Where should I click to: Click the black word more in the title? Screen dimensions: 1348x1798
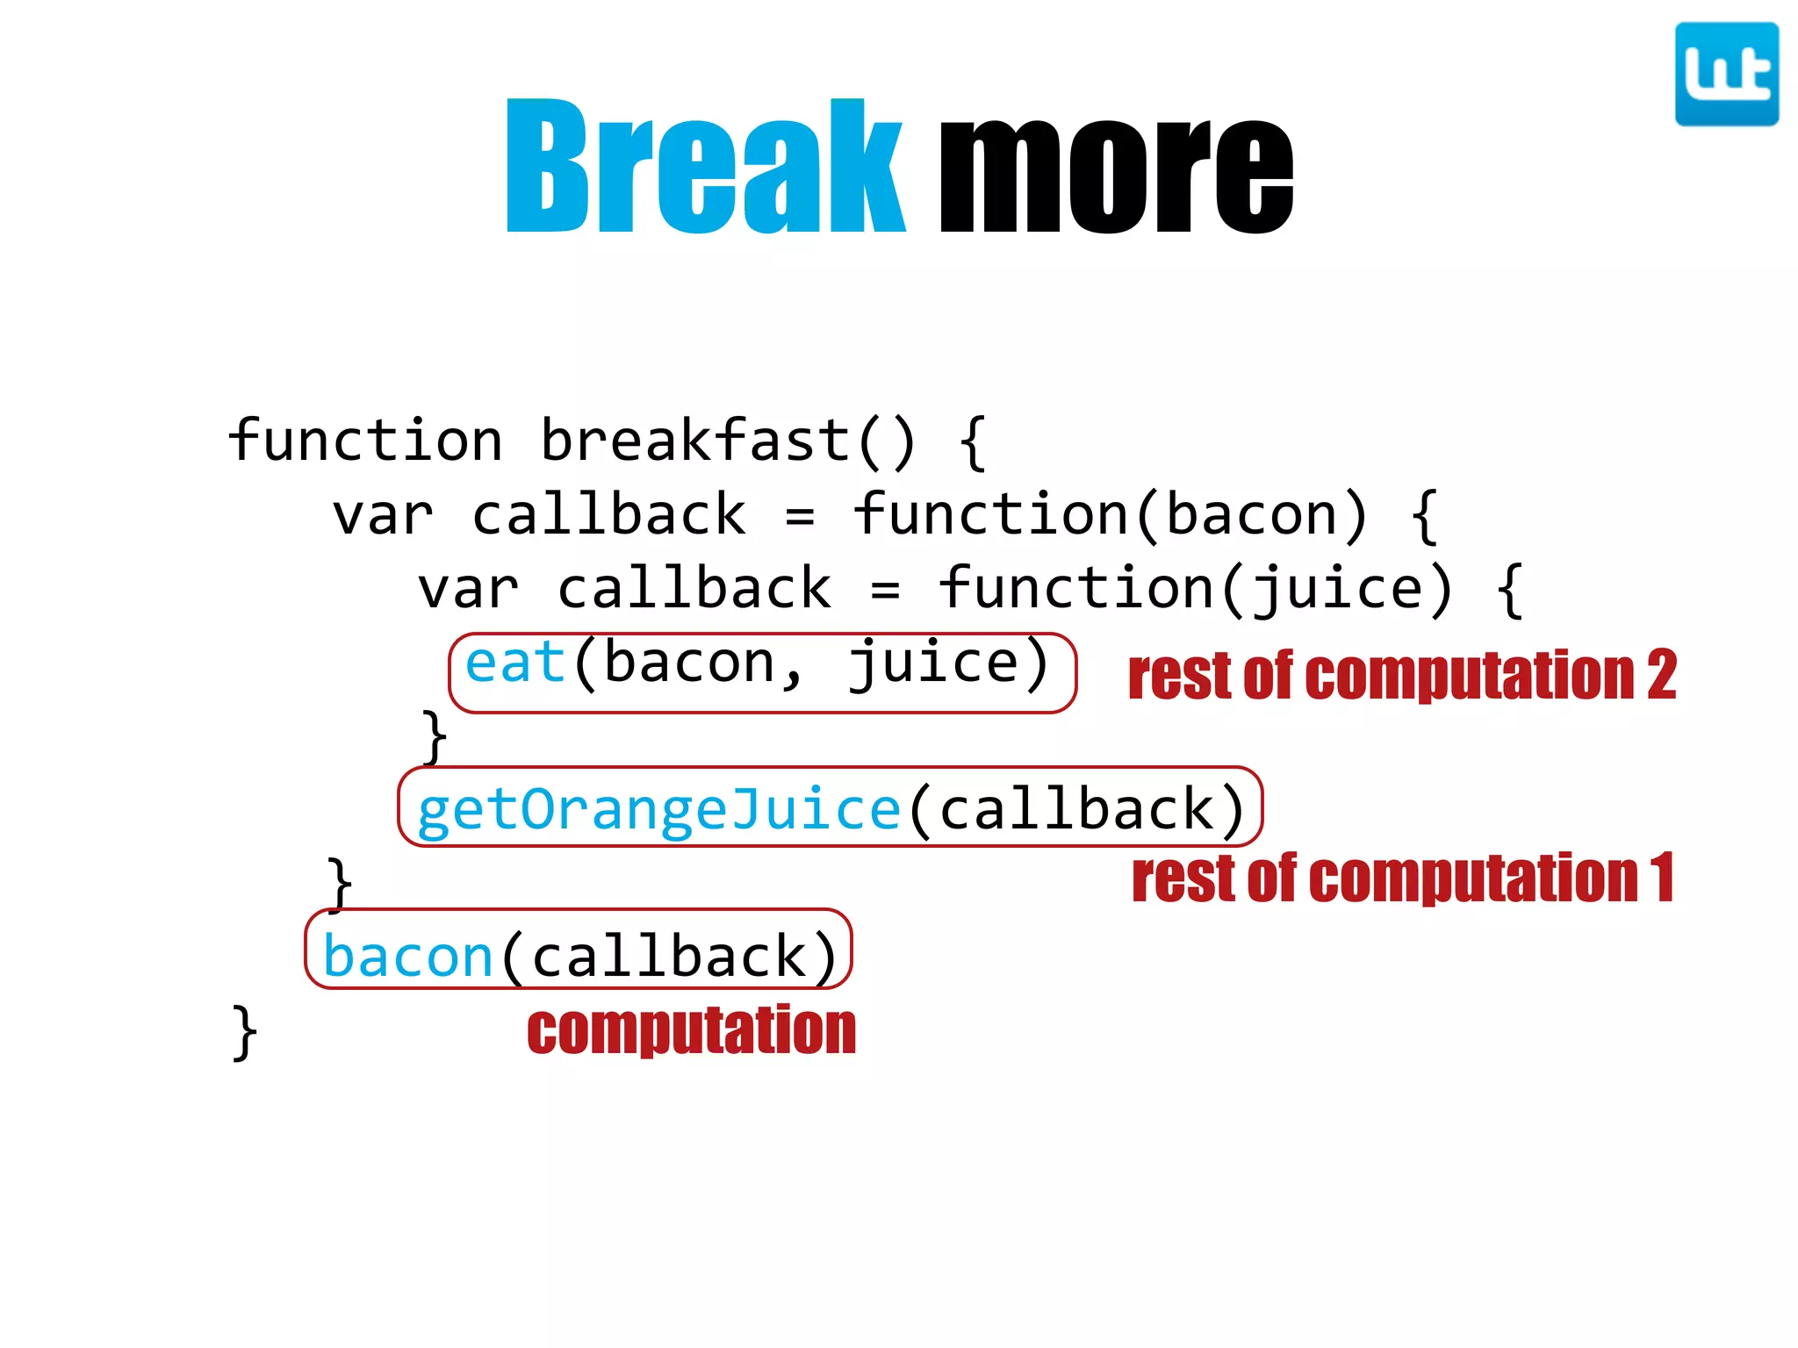(x=1115, y=176)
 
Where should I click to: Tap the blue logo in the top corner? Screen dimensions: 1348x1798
(x=1726, y=75)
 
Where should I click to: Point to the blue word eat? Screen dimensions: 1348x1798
(x=514, y=663)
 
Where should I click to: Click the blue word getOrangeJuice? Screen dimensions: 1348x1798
(x=658, y=810)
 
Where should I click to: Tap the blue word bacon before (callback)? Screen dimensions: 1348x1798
(x=408, y=957)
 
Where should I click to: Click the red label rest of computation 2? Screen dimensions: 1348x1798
(x=1401, y=676)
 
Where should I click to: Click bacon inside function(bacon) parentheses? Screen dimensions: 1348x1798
(x=1253, y=514)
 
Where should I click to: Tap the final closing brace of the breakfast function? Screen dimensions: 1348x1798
(x=245, y=1033)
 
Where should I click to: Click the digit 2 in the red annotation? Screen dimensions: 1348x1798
(x=1661, y=676)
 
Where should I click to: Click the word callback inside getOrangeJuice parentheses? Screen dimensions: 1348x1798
(x=1077, y=810)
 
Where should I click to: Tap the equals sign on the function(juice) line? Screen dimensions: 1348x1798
(x=885, y=591)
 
